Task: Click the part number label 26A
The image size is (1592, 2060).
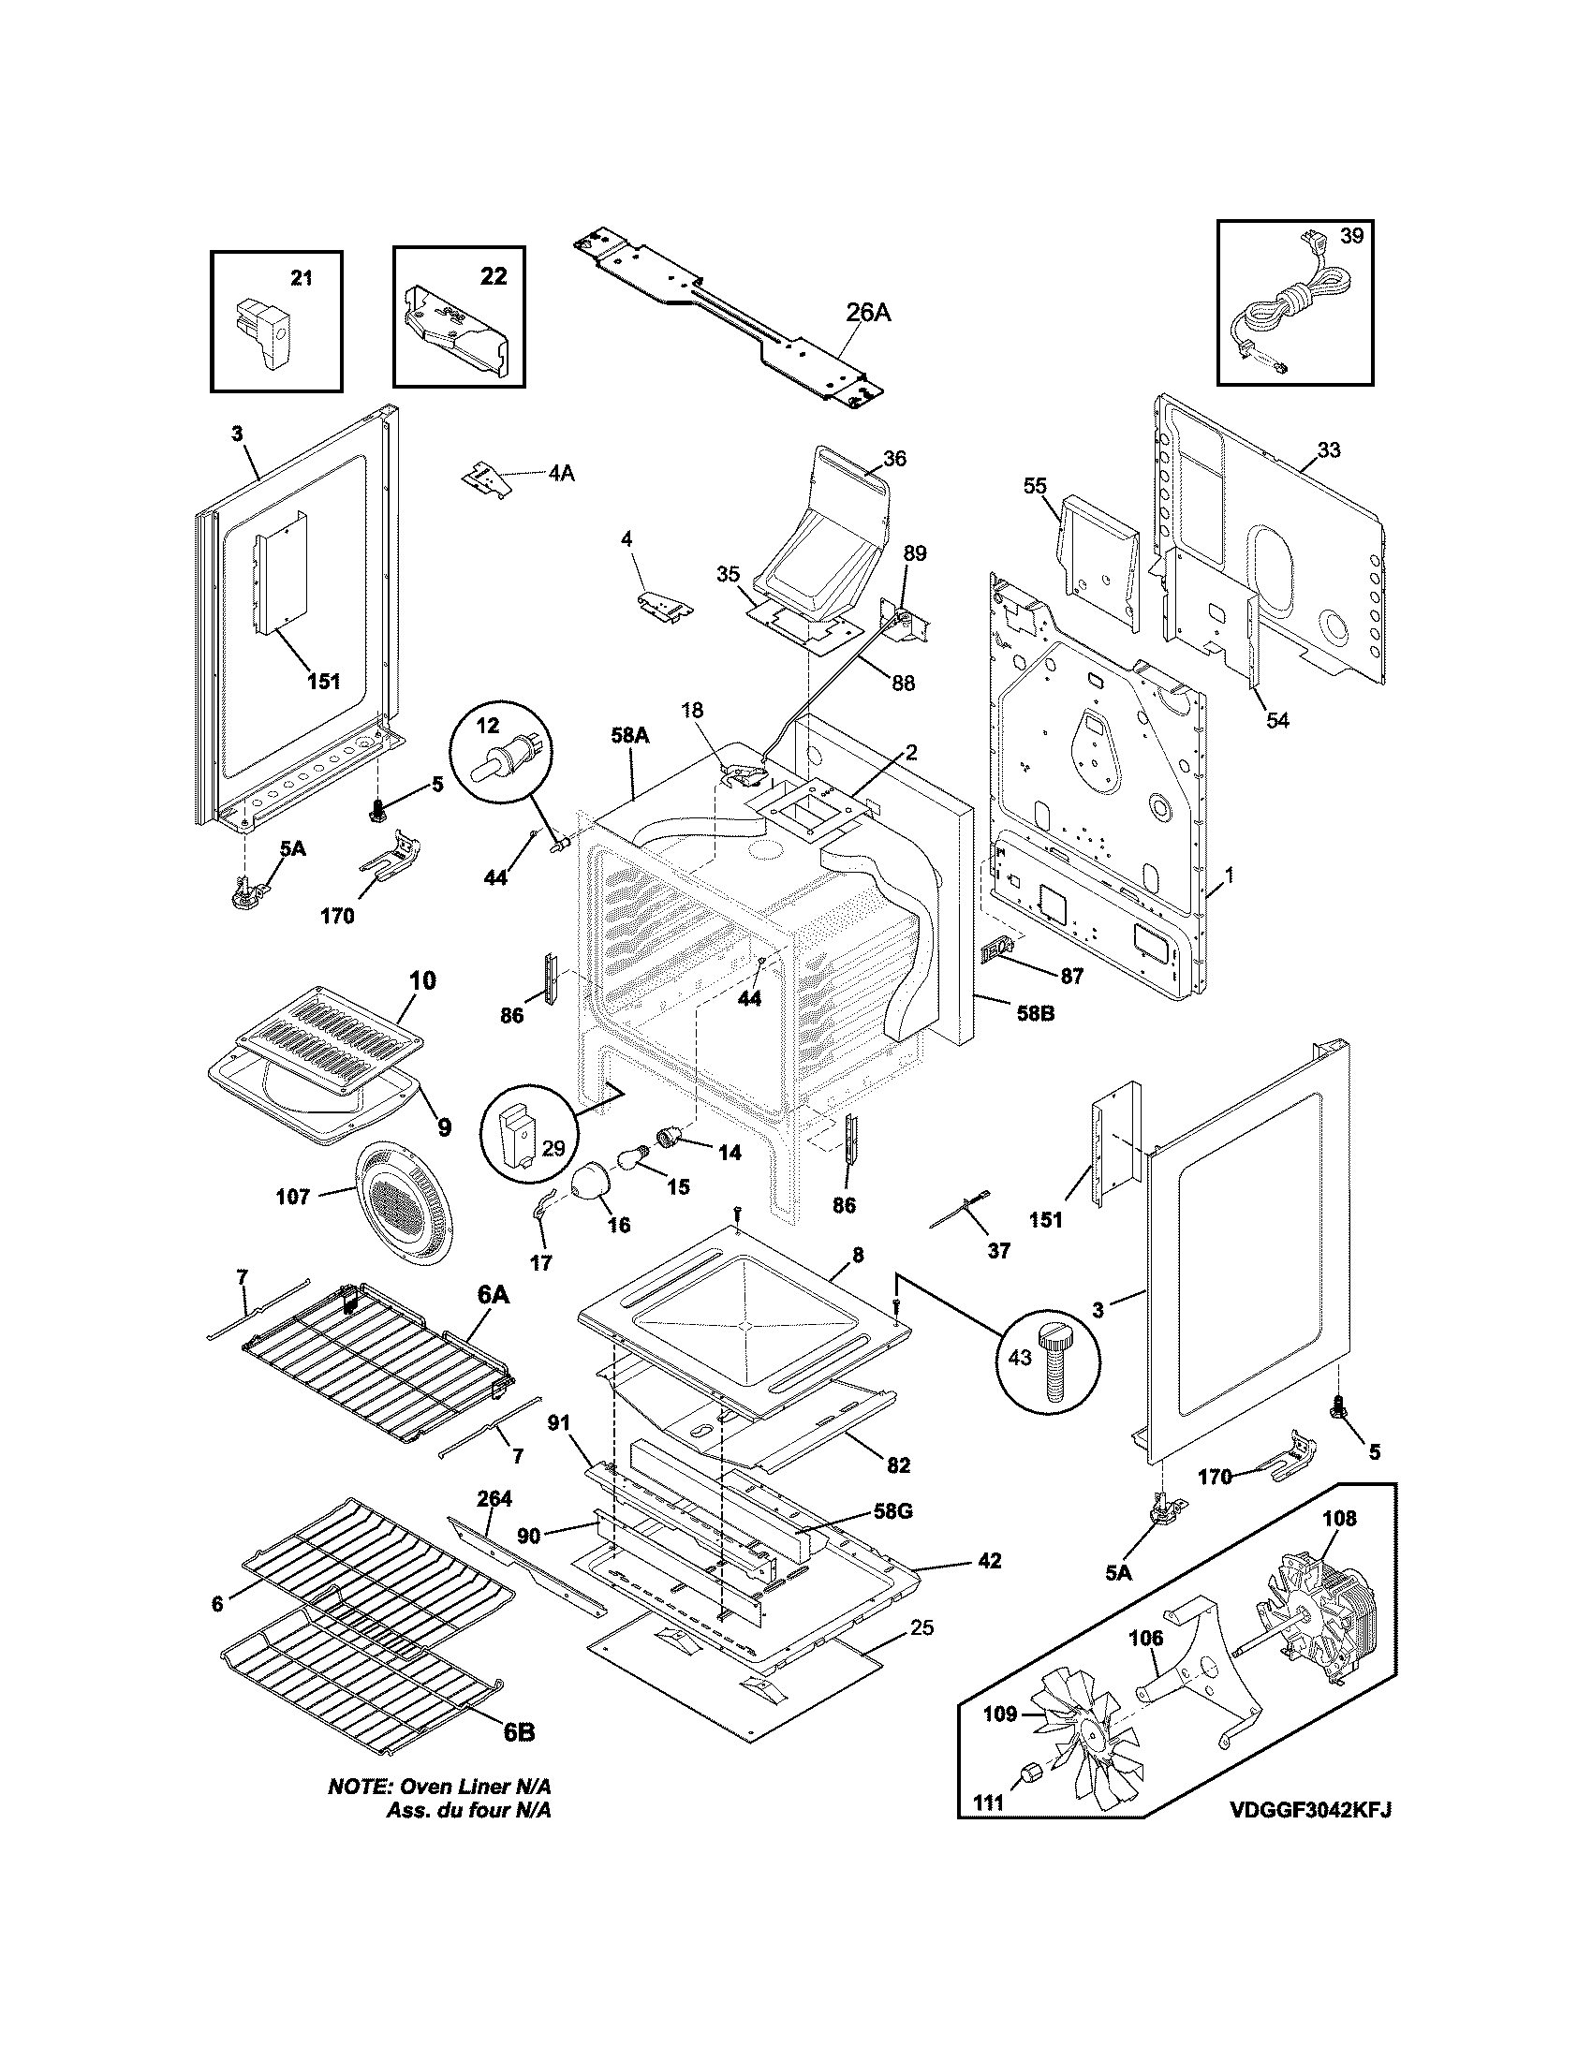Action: pos(867,313)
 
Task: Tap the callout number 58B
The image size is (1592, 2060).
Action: pos(1034,1015)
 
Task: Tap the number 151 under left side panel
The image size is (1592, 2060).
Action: pos(323,680)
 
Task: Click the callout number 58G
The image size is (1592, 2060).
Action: pos(892,1511)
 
